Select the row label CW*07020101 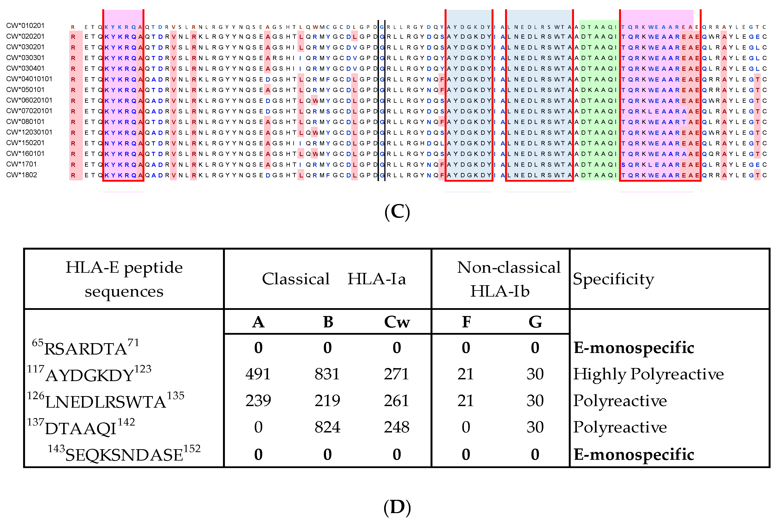click(29, 111)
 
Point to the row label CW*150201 click(25, 143)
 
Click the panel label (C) click(397, 212)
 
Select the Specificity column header click(613, 279)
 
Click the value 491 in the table click(258, 374)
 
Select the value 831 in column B click(327, 374)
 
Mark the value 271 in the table click(397, 374)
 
